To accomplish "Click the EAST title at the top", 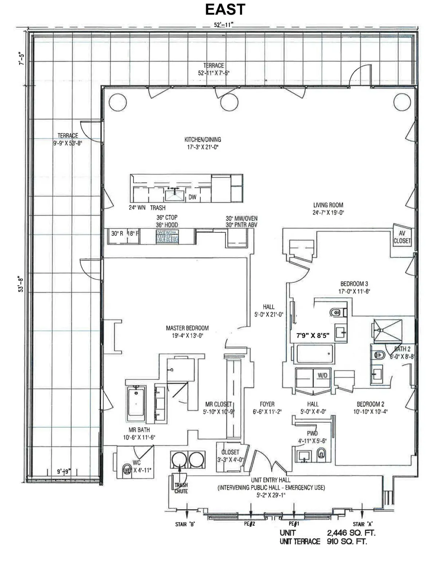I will click(x=225, y=9).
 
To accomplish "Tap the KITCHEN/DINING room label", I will click(x=202, y=140).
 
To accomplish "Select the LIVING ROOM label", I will click(x=328, y=205).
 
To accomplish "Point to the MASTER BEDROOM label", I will click(x=187, y=328).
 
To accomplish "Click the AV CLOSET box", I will click(x=402, y=237).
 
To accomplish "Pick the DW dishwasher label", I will click(x=192, y=197).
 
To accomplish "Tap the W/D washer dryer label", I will click(x=322, y=375).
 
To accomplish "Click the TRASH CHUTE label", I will click(x=181, y=488).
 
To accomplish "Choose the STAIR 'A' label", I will click(x=362, y=524).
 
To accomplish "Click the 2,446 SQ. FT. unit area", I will click(x=351, y=533).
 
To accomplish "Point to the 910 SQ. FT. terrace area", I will click(x=347, y=541).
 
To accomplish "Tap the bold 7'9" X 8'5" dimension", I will click(x=312, y=336).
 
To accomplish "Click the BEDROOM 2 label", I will click(x=370, y=404).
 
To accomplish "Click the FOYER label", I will click(x=267, y=404).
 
